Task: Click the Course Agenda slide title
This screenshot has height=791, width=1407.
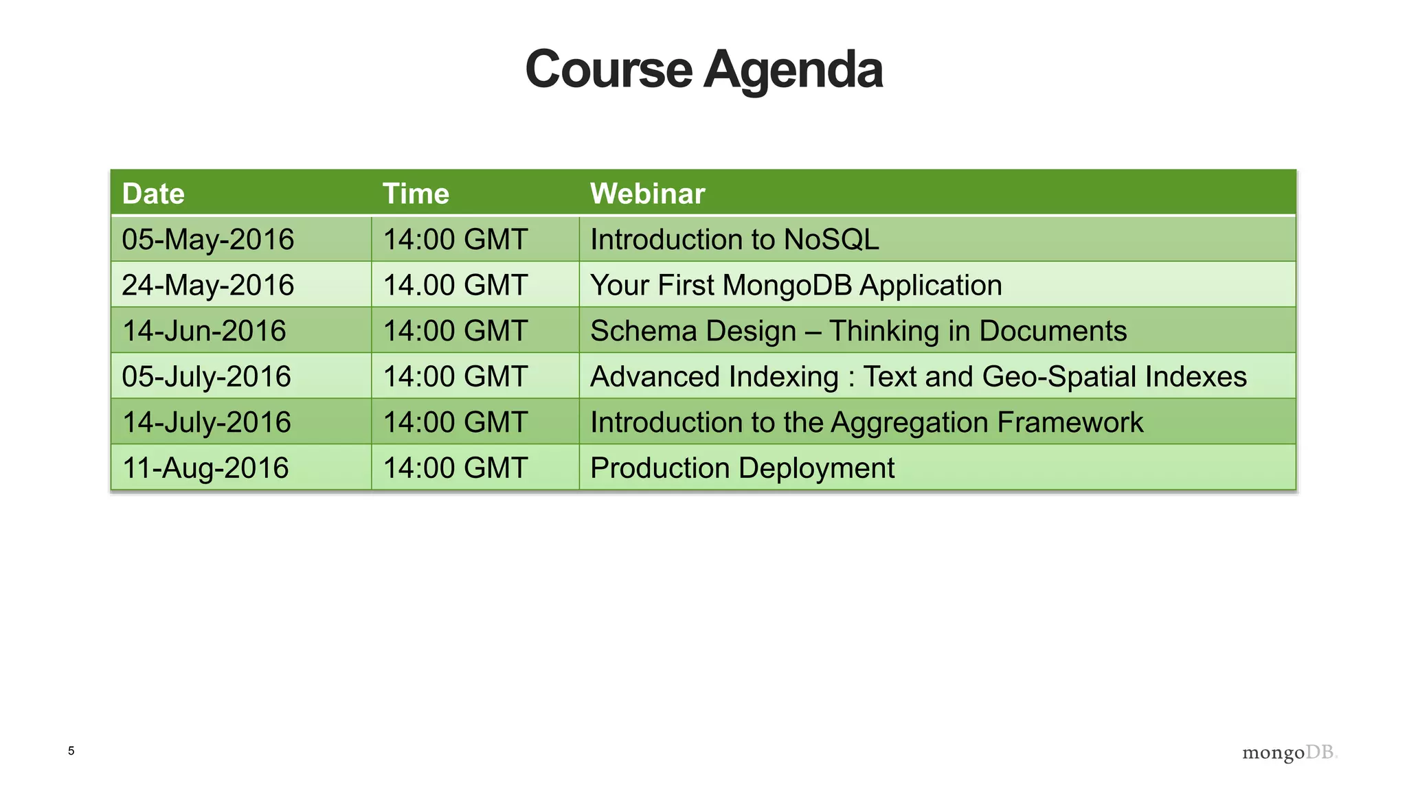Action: [x=703, y=70]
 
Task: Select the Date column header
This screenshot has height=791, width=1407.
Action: [x=153, y=194]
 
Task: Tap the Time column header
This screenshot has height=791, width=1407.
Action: [x=416, y=194]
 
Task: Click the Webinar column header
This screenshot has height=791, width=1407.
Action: [x=647, y=194]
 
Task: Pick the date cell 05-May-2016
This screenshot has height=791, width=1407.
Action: [x=207, y=240]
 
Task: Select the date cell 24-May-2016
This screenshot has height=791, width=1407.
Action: [x=207, y=285]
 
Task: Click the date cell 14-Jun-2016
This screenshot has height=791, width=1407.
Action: [x=203, y=331]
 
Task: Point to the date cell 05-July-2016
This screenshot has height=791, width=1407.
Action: [x=206, y=376]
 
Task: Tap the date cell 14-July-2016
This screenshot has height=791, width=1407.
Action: [x=206, y=422]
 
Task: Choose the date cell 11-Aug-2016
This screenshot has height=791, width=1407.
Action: [x=205, y=468]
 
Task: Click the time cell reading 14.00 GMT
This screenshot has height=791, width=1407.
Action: [x=455, y=285]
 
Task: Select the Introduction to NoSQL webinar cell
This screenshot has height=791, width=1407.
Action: [x=734, y=240]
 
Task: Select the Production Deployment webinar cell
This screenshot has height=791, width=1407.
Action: [x=742, y=468]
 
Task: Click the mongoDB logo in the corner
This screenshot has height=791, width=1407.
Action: [x=1290, y=753]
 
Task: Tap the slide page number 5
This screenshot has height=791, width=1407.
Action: [x=71, y=750]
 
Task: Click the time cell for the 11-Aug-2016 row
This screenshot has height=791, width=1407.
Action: [x=455, y=468]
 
